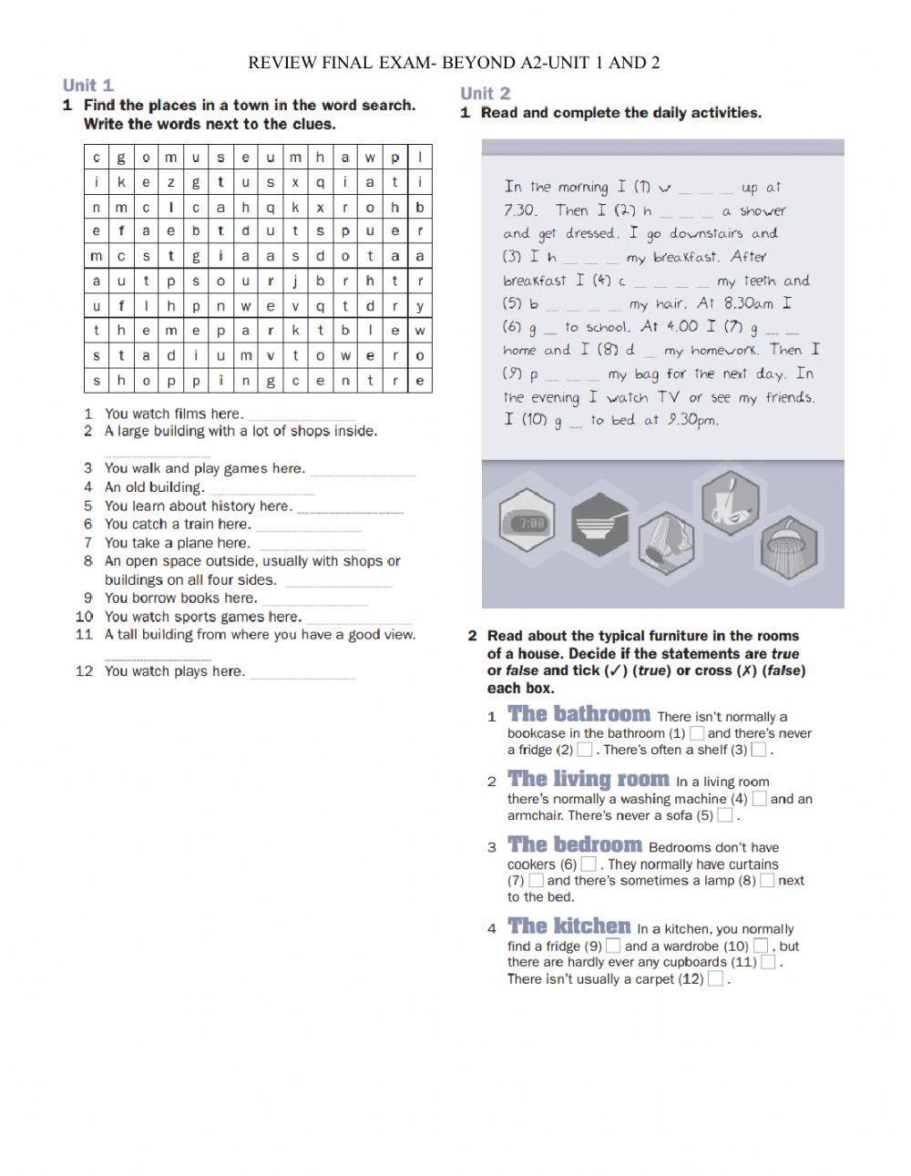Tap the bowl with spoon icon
(x=599, y=523)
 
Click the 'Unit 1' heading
(x=88, y=86)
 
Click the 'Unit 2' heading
(x=486, y=93)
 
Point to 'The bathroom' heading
(x=578, y=714)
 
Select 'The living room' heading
(x=588, y=780)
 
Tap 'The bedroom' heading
(x=574, y=845)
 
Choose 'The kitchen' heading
(x=568, y=926)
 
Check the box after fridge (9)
(x=613, y=946)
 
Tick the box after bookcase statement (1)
(x=696, y=733)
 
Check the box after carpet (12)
(x=715, y=979)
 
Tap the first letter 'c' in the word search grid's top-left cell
(x=97, y=158)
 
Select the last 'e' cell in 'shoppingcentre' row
(x=419, y=381)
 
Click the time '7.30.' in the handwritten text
(x=519, y=210)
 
